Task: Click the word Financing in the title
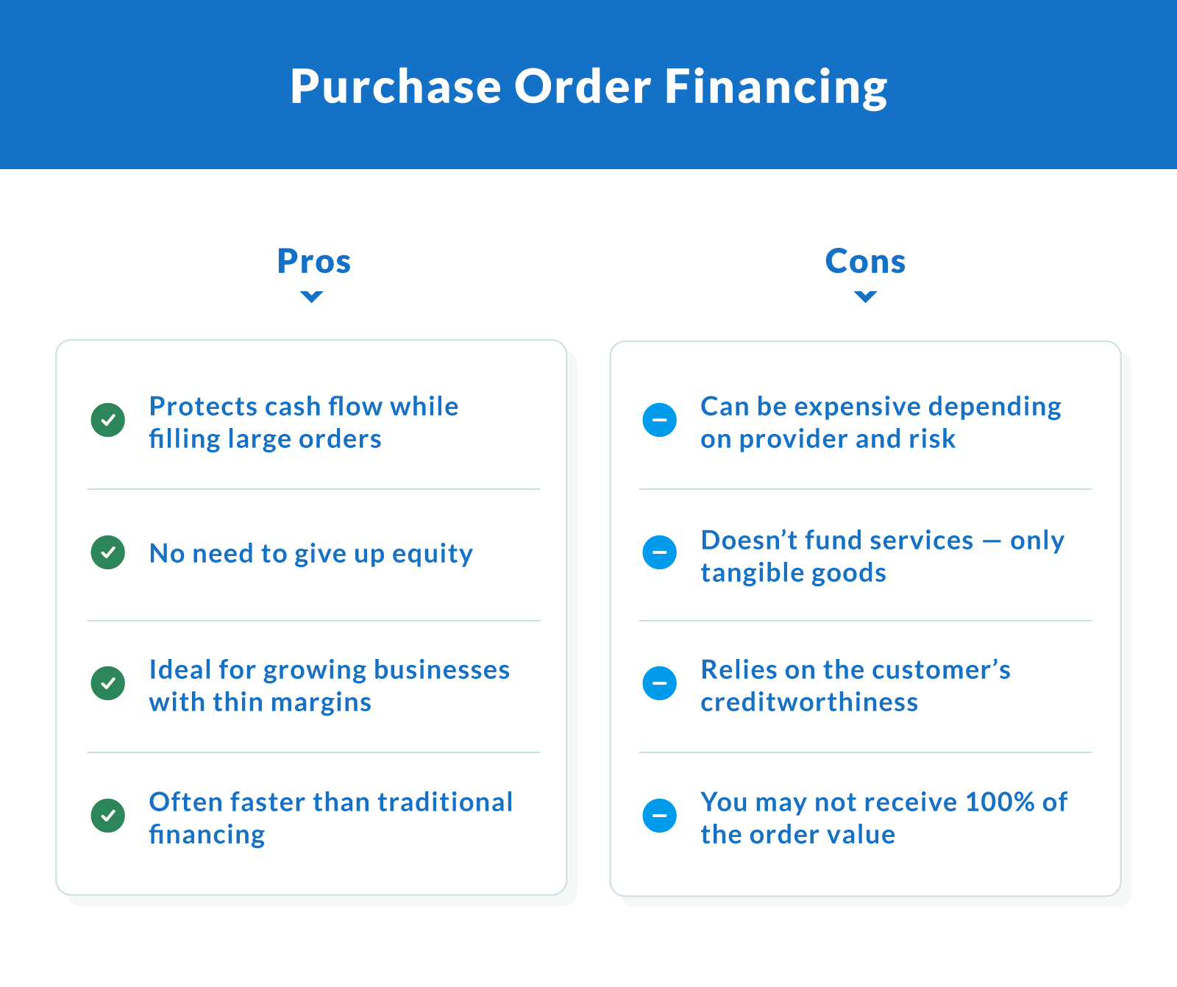[776, 87]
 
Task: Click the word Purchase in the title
[395, 87]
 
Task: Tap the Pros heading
[313, 261]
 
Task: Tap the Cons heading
[865, 261]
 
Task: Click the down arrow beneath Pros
[312, 296]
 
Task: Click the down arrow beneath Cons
[865, 296]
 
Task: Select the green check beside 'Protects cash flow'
[108, 420]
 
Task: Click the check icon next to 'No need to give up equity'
[108, 552]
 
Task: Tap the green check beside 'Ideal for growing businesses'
[108, 683]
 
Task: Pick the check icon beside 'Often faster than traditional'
[108, 816]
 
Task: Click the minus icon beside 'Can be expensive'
[660, 420]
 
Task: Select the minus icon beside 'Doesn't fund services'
[660, 552]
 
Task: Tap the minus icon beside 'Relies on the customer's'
[660, 683]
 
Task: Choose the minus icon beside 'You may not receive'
[660, 816]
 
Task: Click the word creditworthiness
[809, 702]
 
